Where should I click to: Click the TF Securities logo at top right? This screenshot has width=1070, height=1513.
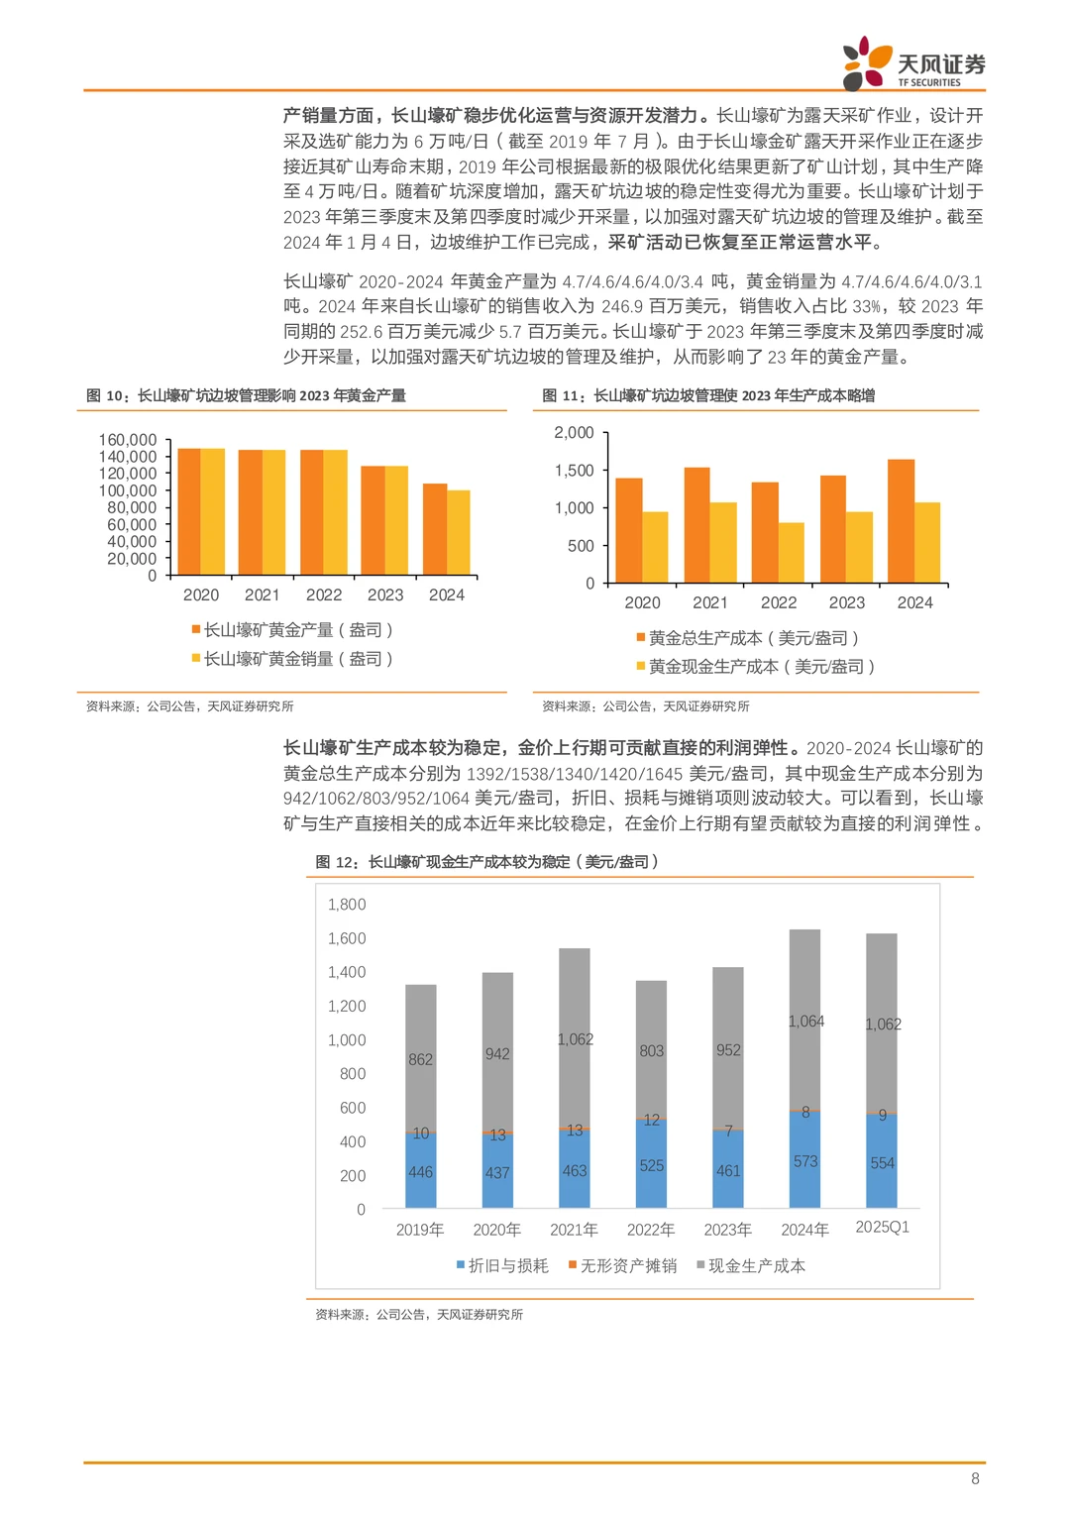[912, 63]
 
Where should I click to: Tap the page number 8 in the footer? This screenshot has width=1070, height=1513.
[975, 1478]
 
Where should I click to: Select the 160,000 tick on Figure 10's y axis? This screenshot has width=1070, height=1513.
[128, 440]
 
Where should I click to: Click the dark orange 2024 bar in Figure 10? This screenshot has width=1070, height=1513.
[435, 529]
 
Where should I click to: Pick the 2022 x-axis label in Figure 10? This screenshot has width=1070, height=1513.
[324, 594]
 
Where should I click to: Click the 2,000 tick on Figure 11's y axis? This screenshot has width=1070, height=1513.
[574, 433]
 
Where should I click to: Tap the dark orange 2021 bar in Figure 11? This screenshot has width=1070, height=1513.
[697, 525]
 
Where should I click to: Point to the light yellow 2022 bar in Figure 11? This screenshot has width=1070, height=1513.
[791, 552]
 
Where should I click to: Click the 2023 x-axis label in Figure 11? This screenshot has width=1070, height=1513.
[847, 602]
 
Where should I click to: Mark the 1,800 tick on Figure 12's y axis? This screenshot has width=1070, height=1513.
[347, 905]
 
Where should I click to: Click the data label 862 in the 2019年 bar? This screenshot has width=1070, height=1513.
[421, 1059]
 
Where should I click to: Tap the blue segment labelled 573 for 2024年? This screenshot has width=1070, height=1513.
[804, 1160]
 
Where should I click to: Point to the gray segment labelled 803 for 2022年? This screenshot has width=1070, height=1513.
[651, 1050]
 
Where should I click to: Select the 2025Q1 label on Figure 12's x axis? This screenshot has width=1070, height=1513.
[882, 1227]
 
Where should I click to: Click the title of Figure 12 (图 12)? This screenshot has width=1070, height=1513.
[486, 862]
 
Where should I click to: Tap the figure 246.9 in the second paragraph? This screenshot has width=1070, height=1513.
[621, 306]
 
